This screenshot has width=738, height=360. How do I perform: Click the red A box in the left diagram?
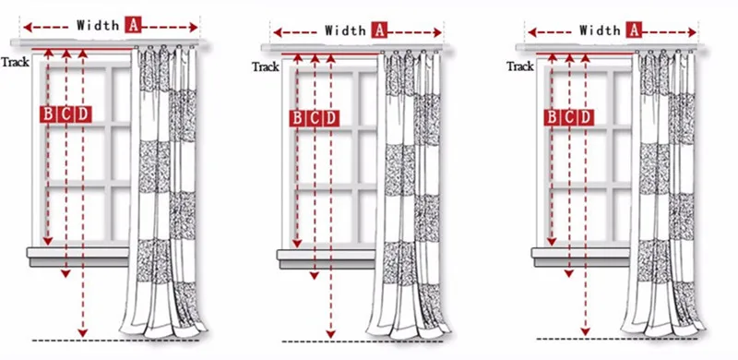pyautogui.click(x=133, y=25)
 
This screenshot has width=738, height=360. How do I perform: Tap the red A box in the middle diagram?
pyautogui.click(x=379, y=30)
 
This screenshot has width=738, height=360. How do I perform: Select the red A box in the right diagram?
pyautogui.click(x=634, y=30)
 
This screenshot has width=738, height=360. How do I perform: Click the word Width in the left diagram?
pyautogui.click(x=98, y=25)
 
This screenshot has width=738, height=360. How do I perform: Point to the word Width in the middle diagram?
pyautogui.click(x=345, y=31)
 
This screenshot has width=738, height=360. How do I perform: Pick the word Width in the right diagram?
pyautogui.click(x=600, y=31)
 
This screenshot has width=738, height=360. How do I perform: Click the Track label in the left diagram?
pyautogui.click(x=15, y=62)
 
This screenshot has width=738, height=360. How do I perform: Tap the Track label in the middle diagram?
pyautogui.click(x=266, y=66)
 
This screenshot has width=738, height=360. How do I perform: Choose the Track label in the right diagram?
pyautogui.click(x=520, y=66)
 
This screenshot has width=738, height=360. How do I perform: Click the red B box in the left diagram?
pyautogui.click(x=48, y=114)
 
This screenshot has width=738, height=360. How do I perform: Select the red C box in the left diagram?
pyautogui.click(x=65, y=114)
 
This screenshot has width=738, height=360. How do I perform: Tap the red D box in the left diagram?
pyautogui.click(x=83, y=114)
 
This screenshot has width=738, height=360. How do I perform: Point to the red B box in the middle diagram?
pyautogui.click(x=296, y=118)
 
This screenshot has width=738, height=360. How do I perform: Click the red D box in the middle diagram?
pyautogui.click(x=331, y=118)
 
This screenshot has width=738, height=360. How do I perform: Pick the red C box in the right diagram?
pyautogui.click(x=569, y=117)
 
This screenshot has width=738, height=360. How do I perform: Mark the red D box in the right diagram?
pyautogui.click(x=586, y=117)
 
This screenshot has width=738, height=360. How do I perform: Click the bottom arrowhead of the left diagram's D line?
pyautogui.click(x=83, y=333)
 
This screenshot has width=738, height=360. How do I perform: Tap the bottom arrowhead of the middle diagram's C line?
pyautogui.click(x=315, y=276)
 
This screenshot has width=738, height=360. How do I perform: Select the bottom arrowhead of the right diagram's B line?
pyautogui.click(x=552, y=242)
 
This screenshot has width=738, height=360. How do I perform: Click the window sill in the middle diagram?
pyautogui.click(x=326, y=259)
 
